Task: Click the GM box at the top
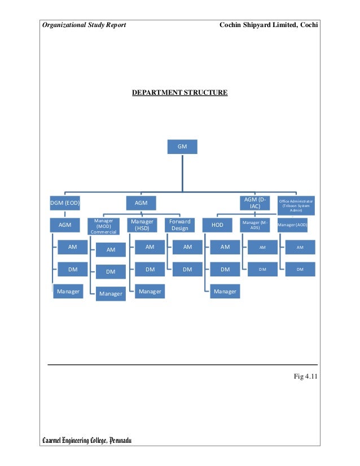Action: [182, 147]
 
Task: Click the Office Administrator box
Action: [296, 205]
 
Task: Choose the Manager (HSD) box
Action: [142, 225]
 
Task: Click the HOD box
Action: [217, 225]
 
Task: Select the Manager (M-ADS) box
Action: [256, 225]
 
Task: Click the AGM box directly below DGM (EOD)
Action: [65, 225]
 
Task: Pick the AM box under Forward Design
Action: [187, 247]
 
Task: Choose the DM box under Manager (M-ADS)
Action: [262, 270]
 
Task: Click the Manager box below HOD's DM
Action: [225, 292]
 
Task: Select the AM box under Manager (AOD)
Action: [300, 247]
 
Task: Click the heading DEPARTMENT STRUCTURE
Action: [179, 91]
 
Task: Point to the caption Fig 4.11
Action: [305, 377]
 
